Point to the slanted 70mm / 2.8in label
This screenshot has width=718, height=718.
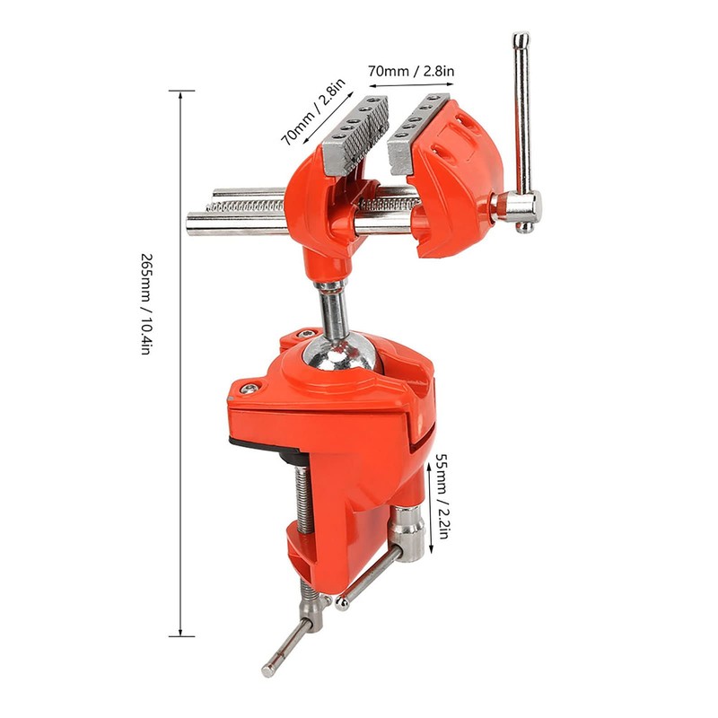[312, 113]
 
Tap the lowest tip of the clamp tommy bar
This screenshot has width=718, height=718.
[268, 670]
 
